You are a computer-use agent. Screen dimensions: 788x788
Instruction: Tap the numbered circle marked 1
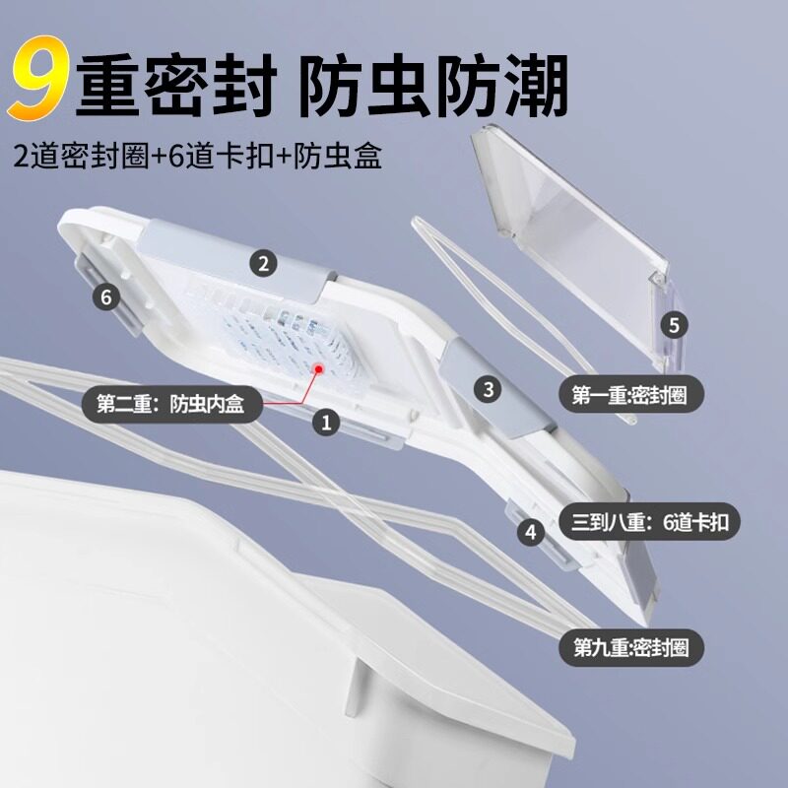326,422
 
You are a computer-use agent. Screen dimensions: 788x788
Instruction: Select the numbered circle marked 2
263,263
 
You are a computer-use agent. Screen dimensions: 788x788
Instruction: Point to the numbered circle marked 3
488,389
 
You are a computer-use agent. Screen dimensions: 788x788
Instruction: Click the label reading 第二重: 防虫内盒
171,404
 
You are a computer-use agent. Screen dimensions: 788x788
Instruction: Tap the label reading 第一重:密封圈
630,395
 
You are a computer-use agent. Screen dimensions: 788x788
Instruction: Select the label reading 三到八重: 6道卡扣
649,522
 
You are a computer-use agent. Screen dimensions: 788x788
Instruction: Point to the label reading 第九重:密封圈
631,648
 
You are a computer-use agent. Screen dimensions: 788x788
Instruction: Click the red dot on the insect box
318,368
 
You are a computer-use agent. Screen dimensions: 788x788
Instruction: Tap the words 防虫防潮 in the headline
433,86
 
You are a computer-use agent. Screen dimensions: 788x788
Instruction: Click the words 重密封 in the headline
176,86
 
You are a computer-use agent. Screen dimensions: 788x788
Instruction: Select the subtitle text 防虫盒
338,156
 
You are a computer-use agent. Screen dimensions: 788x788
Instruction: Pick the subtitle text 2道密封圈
82,156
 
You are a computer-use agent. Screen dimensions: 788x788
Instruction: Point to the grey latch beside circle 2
238,261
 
